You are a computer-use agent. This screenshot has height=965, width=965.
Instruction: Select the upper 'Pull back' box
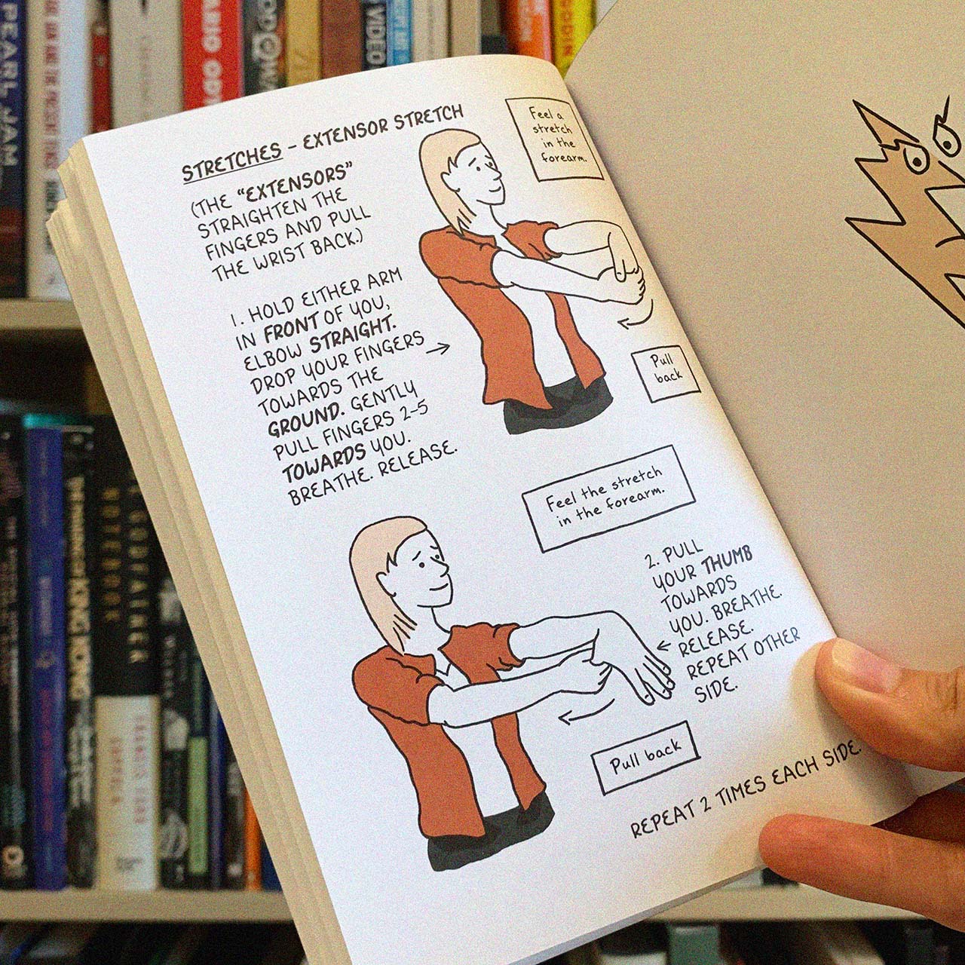point(666,369)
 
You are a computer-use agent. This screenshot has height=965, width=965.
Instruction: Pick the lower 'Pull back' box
point(645,756)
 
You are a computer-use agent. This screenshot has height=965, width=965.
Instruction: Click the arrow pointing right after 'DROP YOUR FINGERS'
point(437,348)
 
